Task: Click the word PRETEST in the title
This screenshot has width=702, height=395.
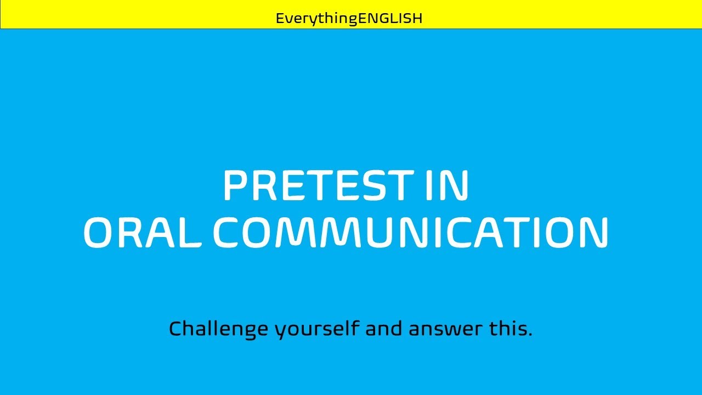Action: coord(316,186)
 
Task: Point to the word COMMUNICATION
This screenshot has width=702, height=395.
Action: coord(411,232)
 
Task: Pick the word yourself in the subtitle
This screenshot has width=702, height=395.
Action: coord(317,329)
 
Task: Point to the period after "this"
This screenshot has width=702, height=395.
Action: coord(530,335)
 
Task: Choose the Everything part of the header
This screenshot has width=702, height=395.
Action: coord(316,19)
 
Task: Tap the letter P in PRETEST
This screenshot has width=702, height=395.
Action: coord(234,186)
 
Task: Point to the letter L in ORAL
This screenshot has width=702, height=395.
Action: coord(193,232)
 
